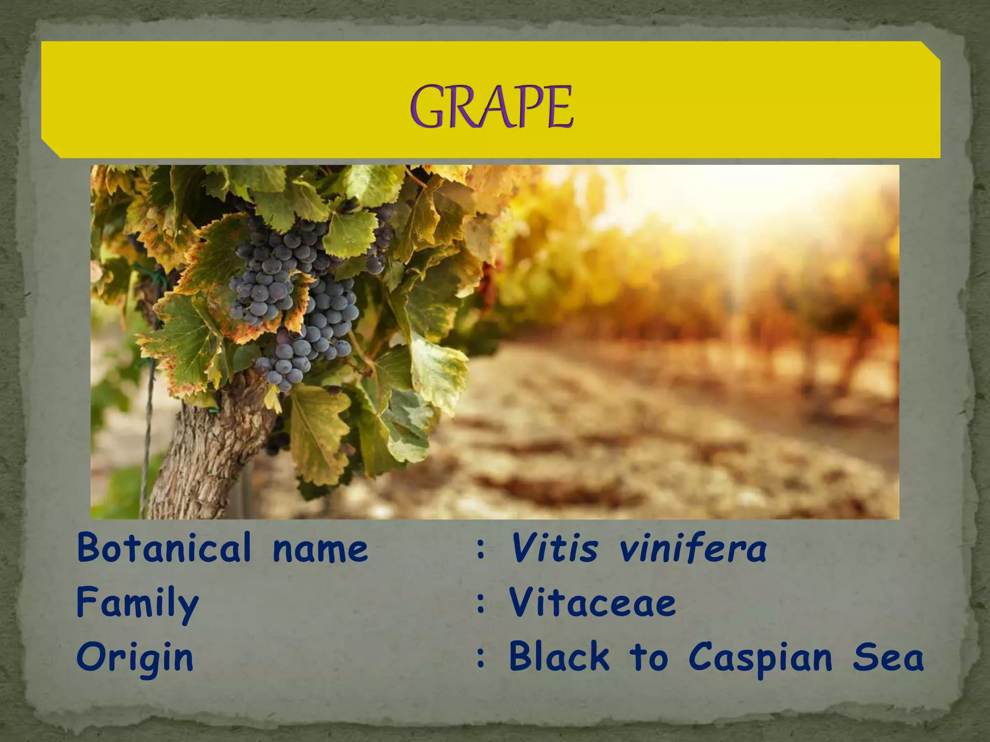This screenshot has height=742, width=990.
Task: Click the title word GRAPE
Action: (492, 107)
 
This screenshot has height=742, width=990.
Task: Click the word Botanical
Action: (164, 548)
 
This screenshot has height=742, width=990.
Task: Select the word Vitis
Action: (554, 549)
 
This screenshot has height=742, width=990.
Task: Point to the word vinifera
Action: (693, 549)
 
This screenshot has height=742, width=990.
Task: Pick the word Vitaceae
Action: (592, 603)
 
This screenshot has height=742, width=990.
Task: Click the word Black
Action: (559, 657)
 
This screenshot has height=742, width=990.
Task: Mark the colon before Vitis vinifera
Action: (480, 550)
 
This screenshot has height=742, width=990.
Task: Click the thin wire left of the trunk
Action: (146, 435)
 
